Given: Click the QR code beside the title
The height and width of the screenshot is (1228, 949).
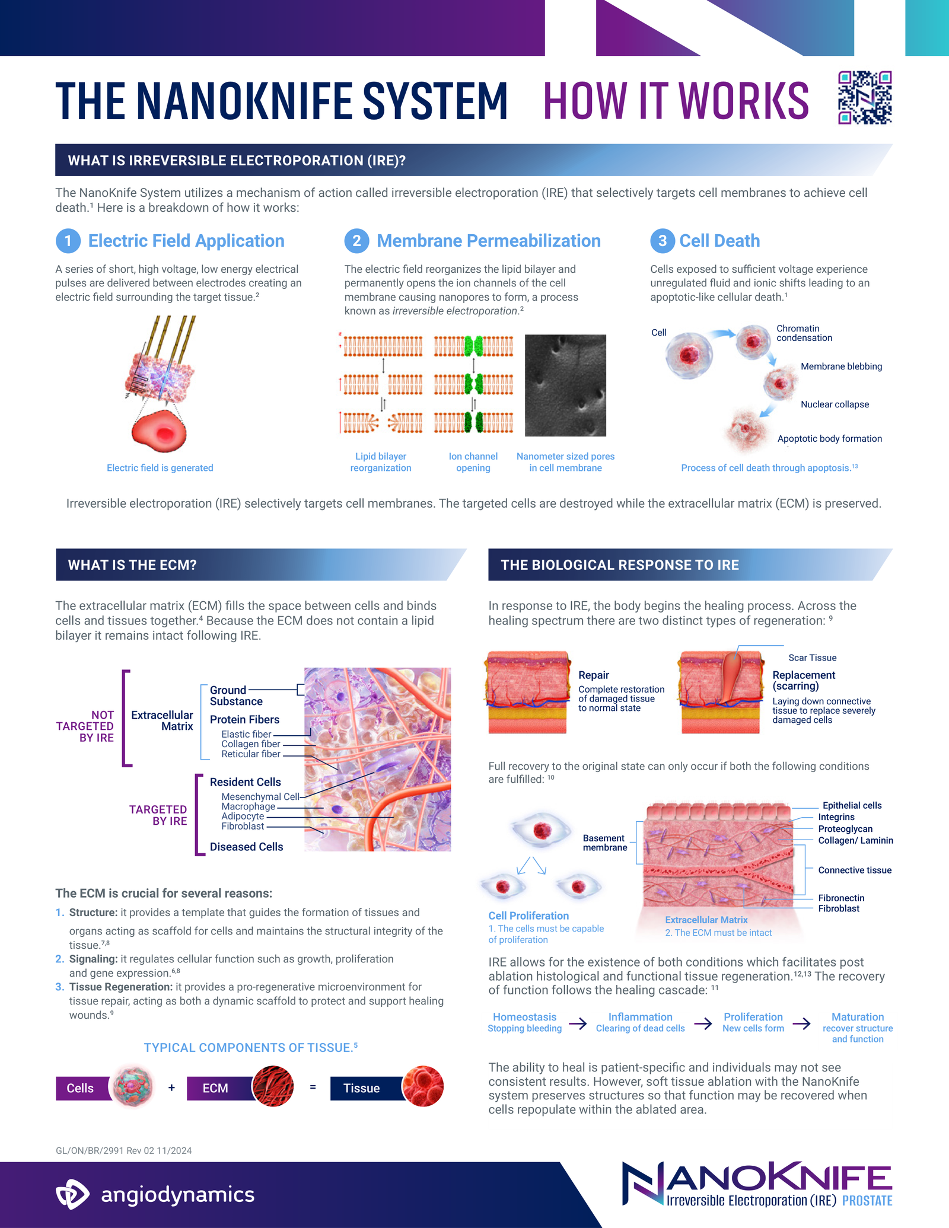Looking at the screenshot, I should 865,98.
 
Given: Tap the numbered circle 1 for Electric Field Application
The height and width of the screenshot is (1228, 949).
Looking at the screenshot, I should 68,241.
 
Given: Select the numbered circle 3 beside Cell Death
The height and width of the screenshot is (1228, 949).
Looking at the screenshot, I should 663,241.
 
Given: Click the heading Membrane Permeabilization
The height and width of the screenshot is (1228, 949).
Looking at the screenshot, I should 488,241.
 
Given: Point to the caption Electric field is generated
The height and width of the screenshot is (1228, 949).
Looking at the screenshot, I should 160,468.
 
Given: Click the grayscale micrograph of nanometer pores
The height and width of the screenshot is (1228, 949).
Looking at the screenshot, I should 565,385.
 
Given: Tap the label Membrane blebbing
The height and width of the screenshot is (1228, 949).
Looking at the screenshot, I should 841,366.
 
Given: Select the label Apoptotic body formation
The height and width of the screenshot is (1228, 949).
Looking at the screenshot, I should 829,439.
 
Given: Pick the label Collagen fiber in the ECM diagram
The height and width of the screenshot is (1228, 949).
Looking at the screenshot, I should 250,744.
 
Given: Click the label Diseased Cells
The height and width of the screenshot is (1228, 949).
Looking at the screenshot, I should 246,847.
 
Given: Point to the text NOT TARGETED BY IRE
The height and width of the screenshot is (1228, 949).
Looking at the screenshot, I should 85,726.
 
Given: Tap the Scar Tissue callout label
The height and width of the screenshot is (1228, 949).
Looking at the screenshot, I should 812,658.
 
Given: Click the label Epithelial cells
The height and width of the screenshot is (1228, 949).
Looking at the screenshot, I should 852,805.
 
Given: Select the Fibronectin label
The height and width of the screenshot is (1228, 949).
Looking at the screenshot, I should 841,898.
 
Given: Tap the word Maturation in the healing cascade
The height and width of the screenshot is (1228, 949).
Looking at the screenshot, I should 857,1017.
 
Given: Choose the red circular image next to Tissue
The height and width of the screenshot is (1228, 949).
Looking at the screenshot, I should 423,1086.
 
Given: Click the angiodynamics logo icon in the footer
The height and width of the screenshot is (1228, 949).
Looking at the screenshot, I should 72,1194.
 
